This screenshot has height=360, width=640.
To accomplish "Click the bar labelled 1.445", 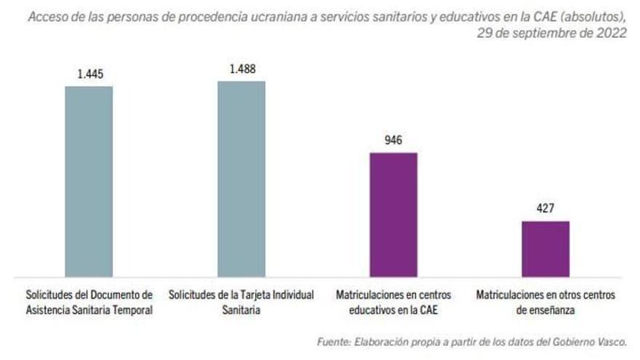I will [89, 181].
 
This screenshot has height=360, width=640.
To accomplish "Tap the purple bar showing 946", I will [393, 215].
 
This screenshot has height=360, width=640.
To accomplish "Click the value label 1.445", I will [89, 74].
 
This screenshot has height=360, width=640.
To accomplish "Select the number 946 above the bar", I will [393, 140].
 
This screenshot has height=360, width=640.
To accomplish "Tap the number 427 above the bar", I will [545, 209].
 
